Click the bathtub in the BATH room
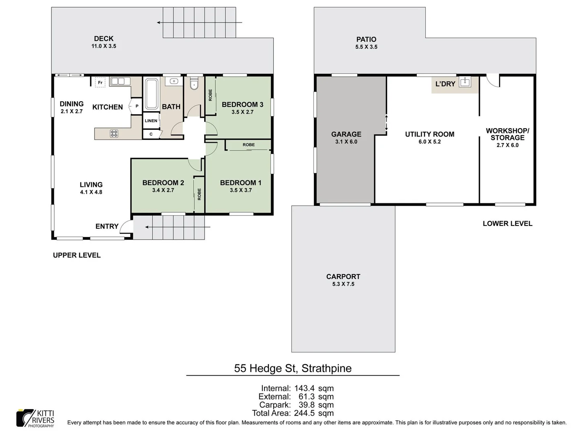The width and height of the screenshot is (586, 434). [x=151, y=94]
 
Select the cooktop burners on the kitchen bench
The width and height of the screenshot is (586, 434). [x=114, y=133]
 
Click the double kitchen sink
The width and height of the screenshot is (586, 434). [x=120, y=81]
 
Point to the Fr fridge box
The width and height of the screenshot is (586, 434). [x=100, y=82]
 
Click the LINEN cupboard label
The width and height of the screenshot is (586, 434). [x=151, y=121]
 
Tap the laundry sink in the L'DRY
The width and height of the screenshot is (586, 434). [x=465, y=82]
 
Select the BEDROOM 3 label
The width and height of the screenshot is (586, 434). [x=242, y=104]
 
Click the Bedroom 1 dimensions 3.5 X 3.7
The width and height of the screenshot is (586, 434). [x=241, y=190]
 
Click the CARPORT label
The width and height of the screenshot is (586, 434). [x=343, y=276]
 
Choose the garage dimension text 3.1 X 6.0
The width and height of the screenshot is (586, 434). [x=346, y=142]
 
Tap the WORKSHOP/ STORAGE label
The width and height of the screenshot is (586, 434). [x=507, y=134]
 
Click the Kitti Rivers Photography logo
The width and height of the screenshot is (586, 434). [x=35, y=418]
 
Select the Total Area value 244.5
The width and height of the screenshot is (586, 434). [x=304, y=413]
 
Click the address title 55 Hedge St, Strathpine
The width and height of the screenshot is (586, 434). [x=293, y=368]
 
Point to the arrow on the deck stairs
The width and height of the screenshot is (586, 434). [x=199, y=23]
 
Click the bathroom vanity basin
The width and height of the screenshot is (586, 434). [x=174, y=81]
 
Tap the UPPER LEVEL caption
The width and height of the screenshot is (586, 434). [x=77, y=255]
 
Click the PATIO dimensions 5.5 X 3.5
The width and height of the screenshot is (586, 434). [x=366, y=47]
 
